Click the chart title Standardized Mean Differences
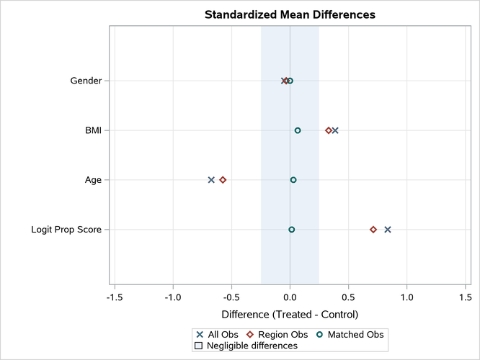[x=290, y=14]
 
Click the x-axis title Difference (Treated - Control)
[x=290, y=315]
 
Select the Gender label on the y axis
[x=85, y=81]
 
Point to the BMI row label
[x=92, y=130]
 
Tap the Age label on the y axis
[x=93, y=180]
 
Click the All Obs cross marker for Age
[x=211, y=180]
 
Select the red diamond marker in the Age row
[x=223, y=180]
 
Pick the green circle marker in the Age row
[x=293, y=180]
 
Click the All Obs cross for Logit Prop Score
[x=388, y=230]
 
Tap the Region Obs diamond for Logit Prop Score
[x=373, y=230]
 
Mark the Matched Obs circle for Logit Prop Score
[x=292, y=230]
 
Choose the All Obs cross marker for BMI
[x=335, y=130]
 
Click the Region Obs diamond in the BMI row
[x=329, y=130]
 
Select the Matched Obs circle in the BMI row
[x=298, y=130]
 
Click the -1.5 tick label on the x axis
[x=114, y=297]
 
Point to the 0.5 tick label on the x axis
[x=348, y=297]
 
